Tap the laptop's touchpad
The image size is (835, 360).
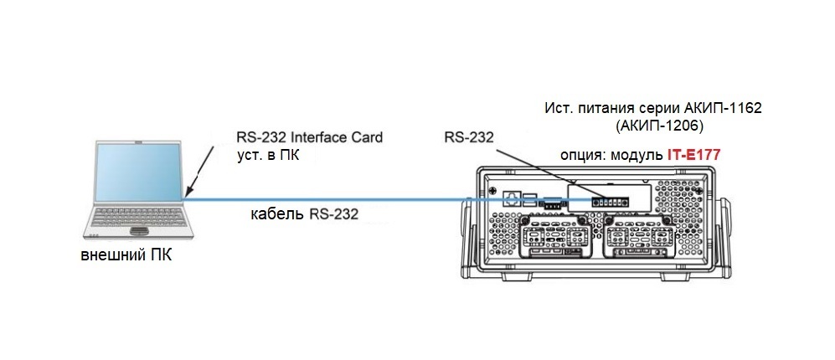click(x=138, y=230)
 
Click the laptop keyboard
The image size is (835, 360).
click(x=139, y=217)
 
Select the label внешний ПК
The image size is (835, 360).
click(x=126, y=255)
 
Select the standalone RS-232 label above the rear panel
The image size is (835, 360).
click(x=469, y=137)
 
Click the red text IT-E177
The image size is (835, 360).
click(x=694, y=155)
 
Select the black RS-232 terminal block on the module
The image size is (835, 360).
click(x=609, y=201)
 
